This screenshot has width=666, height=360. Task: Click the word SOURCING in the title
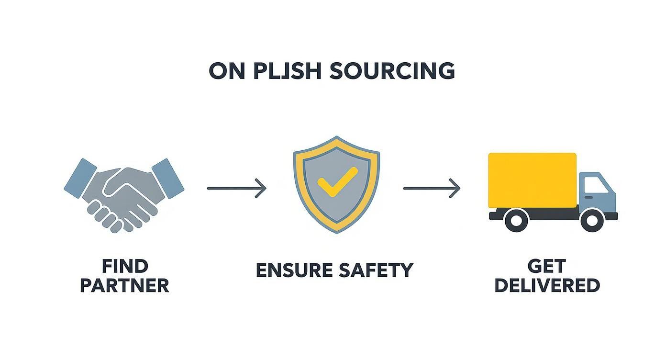pos(392,71)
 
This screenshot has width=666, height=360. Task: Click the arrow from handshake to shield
pos(236,188)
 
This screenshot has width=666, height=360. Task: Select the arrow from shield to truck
pos(432,188)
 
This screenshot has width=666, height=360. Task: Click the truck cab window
pos(595,184)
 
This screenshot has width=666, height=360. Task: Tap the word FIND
pos(125,266)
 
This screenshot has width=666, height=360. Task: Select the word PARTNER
pos(124,286)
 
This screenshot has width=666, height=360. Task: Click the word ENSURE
pos(292,270)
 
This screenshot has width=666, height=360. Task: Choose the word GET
pos(546,266)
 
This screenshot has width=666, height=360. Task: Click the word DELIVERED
pos(547,286)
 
